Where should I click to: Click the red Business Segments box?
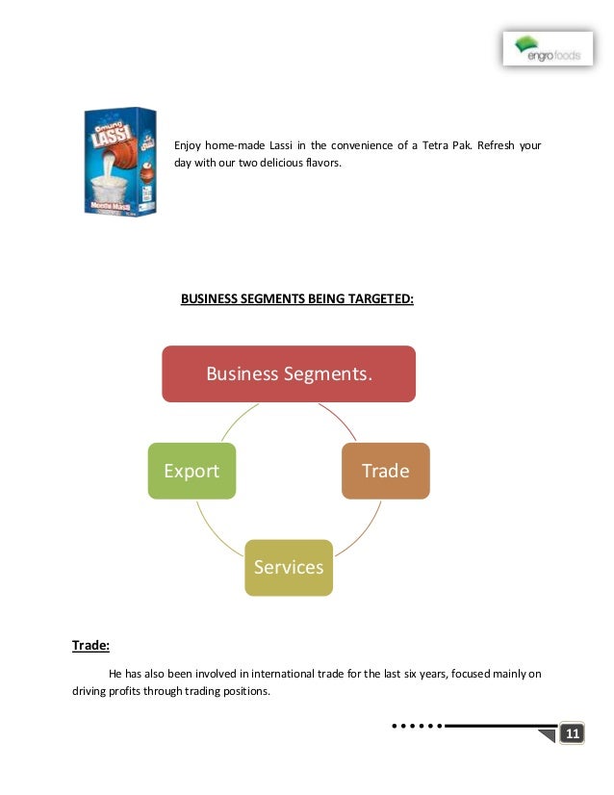[288, 373]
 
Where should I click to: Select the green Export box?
[192, 471]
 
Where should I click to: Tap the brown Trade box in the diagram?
[385, 471]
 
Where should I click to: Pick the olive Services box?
[289, 567]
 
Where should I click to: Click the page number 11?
[572, 734]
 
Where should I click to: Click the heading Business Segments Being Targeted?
[297, 298]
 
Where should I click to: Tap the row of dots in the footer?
[417, 726]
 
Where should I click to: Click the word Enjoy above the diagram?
[187, 145]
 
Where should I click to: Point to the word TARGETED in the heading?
[380, 298]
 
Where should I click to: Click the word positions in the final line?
[249, 690]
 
